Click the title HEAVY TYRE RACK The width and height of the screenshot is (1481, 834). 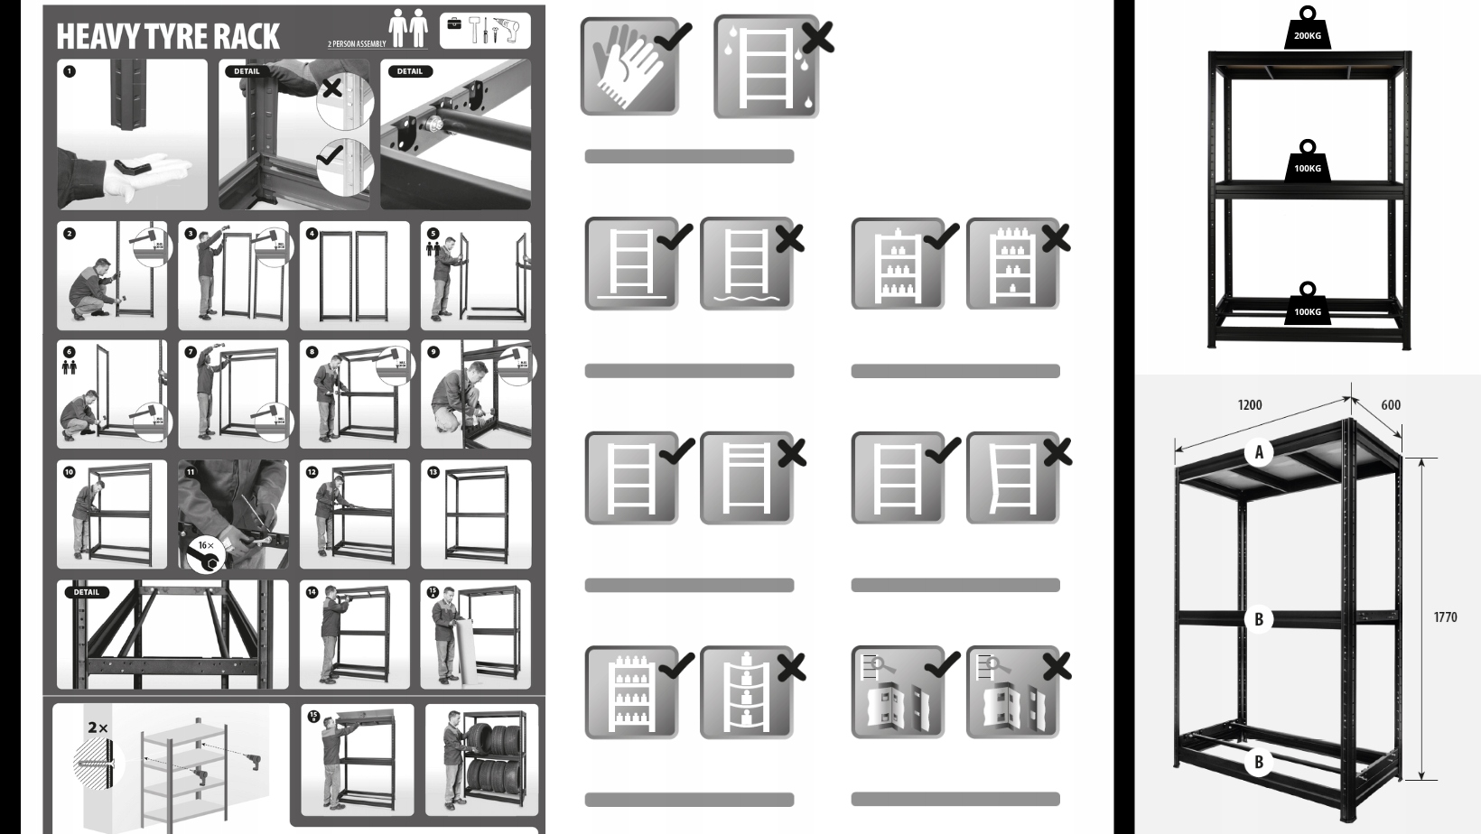click(x=168, y=37)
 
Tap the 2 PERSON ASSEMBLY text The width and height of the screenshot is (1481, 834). click(x=357, y=43)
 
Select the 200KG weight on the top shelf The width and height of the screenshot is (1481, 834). click(x=1308, y=31)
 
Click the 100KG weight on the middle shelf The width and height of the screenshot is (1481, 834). click(x=1308, y=163)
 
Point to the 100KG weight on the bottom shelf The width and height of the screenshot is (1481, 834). click(x=1308, y=307)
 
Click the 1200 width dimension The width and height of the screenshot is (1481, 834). click(x=1250, y=405)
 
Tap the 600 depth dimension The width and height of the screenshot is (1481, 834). click(x=1391, y=405)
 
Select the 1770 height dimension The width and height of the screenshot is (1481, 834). click(x=1445, y=617)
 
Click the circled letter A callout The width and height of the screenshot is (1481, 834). click(x=1259, y=452)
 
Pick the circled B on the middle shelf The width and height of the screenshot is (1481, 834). click(x=1259, y=619)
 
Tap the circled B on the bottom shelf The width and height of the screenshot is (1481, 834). click(x=1259, y=763)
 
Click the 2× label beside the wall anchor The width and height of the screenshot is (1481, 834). click(x=98, y=727)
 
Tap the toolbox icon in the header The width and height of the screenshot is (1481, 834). click(x=454, y=23)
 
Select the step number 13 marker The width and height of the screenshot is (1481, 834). click(x=433, y=472)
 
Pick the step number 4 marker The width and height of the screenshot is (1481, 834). click(x=312, y=234)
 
